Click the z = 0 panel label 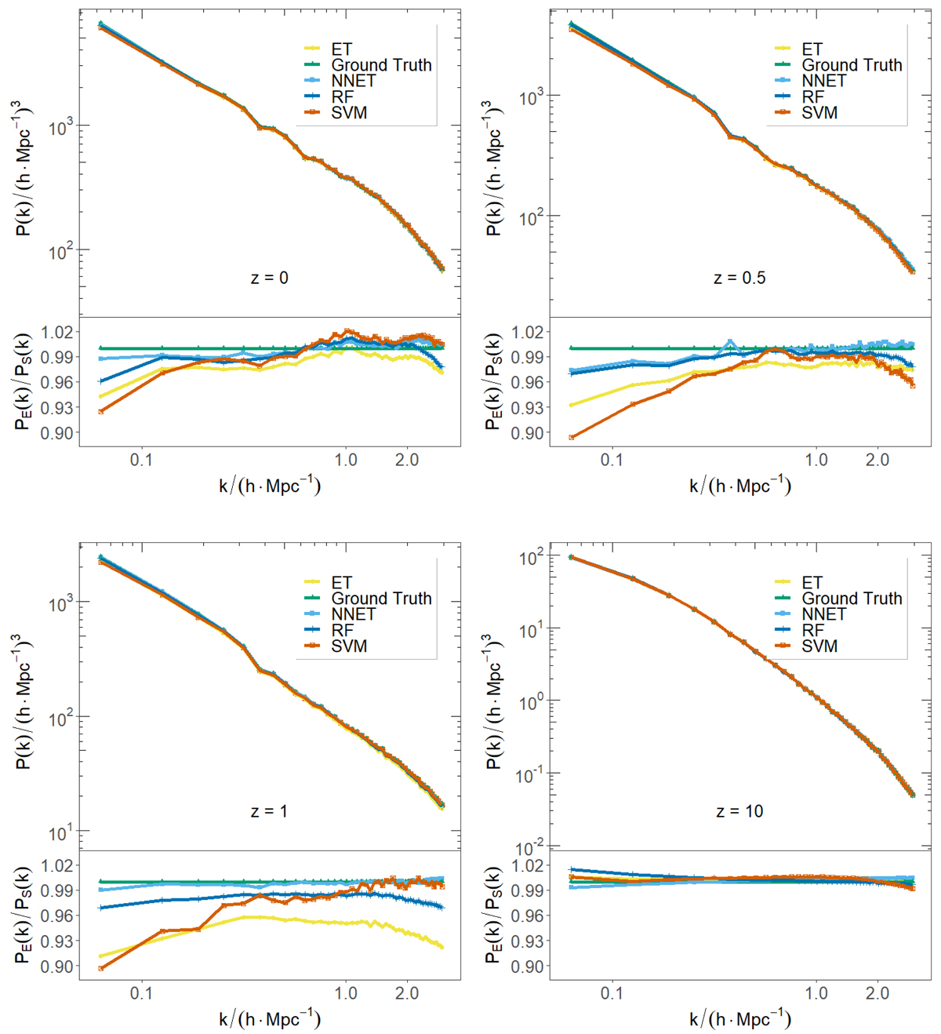point(269,278)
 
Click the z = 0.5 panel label point(739,278)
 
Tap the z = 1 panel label point(269,811)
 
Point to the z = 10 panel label point(739,811)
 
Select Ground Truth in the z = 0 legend point(381,65)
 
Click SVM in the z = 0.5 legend point(819,113)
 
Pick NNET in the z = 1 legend point(353,614)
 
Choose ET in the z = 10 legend point(812,582)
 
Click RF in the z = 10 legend point(812,630)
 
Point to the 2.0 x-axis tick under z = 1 point(407,993)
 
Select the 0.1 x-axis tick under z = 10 point(612,993)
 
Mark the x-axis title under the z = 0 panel point(269,486)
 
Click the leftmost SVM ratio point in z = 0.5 point(572,438)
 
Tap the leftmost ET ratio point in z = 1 point(101,956)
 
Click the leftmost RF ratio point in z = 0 point(101,381)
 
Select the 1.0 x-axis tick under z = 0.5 point(816,460)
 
